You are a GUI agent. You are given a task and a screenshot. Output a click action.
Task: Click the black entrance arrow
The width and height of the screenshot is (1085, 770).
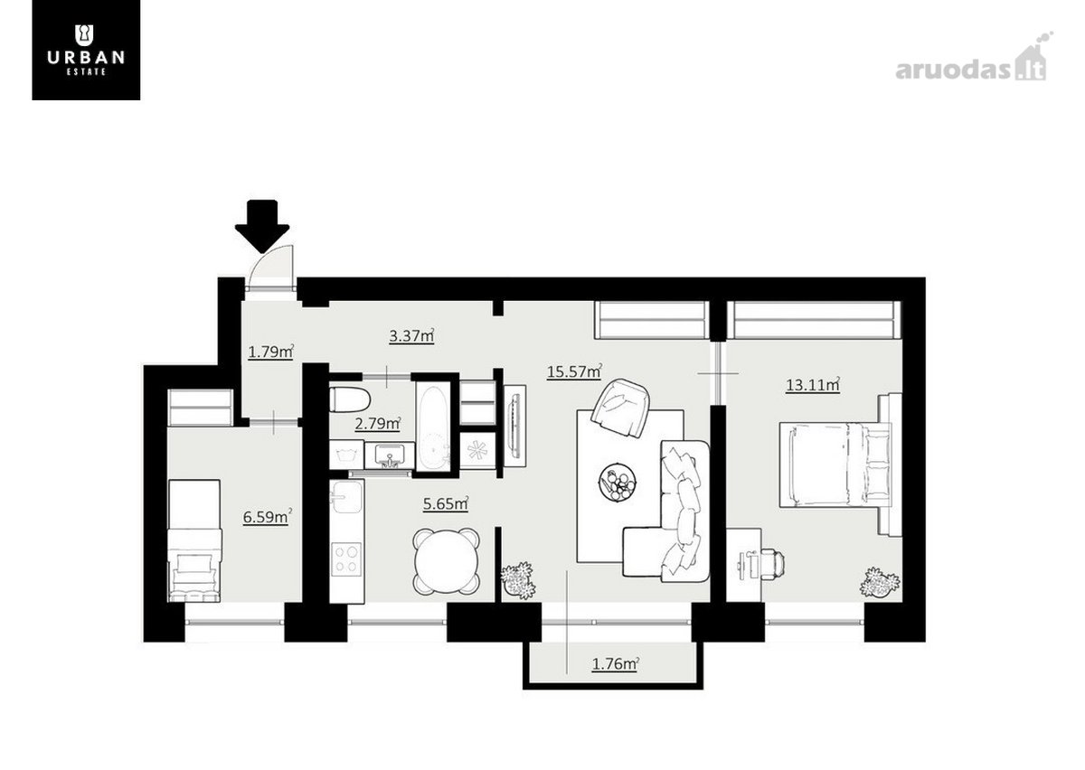(x=262, y=226)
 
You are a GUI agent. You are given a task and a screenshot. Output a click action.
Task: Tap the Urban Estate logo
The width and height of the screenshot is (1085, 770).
(x=86, y=50)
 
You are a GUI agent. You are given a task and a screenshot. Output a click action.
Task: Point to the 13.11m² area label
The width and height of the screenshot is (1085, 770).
(x=813, y=384)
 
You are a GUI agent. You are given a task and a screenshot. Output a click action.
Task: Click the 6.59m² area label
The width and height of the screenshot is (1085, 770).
(x=268, y=516)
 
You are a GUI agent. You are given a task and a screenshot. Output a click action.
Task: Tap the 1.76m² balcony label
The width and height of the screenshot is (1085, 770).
(x=616, y=663)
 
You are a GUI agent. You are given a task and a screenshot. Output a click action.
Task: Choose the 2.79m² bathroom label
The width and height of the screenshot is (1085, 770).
(x=378, y=424)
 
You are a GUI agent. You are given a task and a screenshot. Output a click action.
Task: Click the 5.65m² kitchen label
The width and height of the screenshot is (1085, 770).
(x=446, y=503)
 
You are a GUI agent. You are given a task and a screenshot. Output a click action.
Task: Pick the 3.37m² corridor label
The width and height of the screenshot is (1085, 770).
(x=411, y=335)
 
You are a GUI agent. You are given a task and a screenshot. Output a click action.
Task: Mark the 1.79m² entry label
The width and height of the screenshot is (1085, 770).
(x=271, y=352)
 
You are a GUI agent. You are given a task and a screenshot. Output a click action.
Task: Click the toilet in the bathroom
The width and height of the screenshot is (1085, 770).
(x=350, y=400)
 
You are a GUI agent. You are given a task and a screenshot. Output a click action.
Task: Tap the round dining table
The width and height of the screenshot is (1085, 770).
(x=447, y=561)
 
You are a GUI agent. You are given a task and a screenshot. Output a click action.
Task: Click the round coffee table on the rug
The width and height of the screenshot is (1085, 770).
(x=618, y=483)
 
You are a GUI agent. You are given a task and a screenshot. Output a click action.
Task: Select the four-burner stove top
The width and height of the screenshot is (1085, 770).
(x=346, y=559)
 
